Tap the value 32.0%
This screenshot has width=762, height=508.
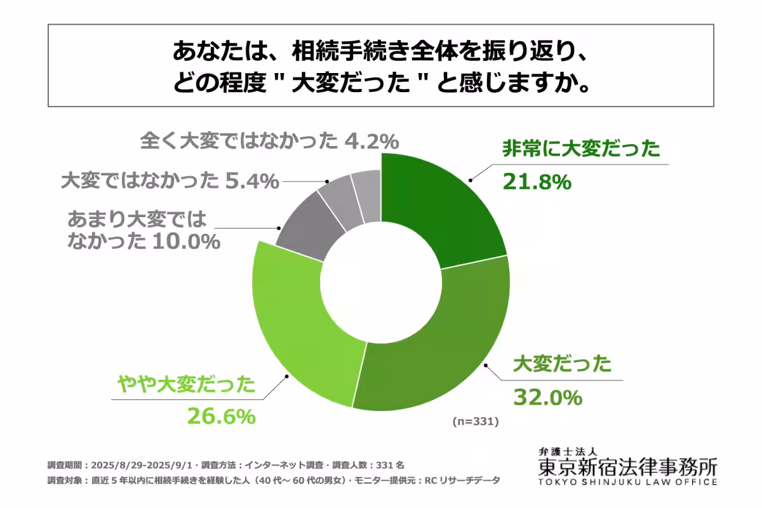click(x=547, y=398)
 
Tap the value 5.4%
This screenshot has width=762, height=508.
click(x=253, y=182)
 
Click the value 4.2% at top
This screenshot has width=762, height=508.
click(x=372, y=141)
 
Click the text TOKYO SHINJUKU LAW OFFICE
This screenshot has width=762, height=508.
click(x=627, y=481)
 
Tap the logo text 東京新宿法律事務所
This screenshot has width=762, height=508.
click(x=627, y=467)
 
